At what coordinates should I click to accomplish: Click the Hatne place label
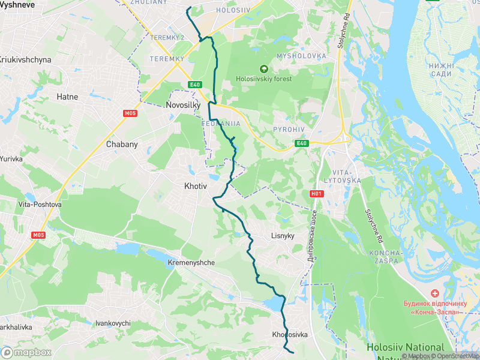pyautogui.click(x=67, y=96)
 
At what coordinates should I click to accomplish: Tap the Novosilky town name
pyautogui.click(x=182, y=105)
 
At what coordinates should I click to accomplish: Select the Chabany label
pyautogui.click(x=122, y=144)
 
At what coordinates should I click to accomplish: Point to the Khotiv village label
pyautogui.click(x=195, y=187)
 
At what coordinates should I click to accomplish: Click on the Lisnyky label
pyautogui.click(x=283, y=236)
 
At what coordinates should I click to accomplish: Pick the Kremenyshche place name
pyautogui.click(x=191, y=263)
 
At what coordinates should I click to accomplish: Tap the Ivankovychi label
pyautogui.click(x=113, y=323)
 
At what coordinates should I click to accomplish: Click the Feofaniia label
pyautogui.click(x=221, y=124)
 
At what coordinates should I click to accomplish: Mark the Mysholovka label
pyautogui.click(x=301, y=56)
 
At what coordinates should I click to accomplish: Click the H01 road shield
pyautogui.click(x=316, y=194)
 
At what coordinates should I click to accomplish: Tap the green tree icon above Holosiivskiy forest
pyautogui.click(x=263, y=69)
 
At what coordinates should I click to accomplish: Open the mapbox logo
pyautogui.click(x=26, y=352)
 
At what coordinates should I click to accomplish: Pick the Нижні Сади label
pyautogui.click(x=441, y=70)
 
